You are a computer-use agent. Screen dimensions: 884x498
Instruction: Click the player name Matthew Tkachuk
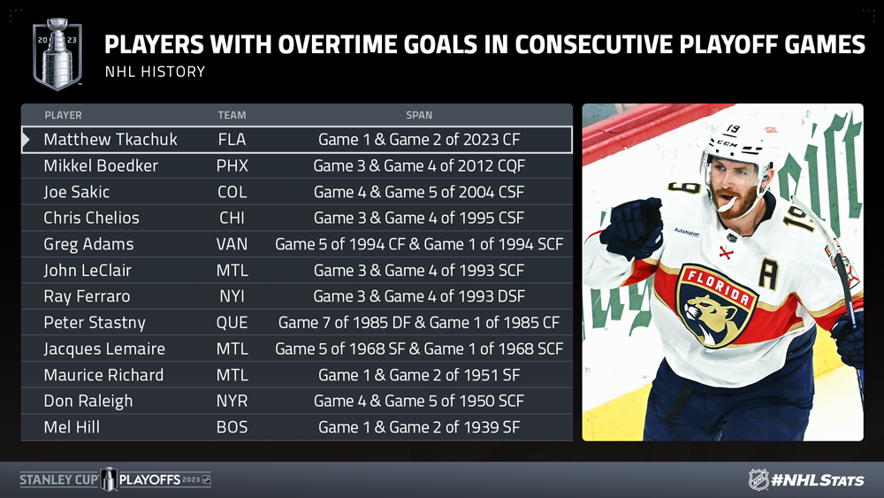pyautogui.click(x=110, y=139)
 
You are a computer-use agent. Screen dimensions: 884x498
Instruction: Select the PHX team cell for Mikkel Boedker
pyautogui.click(x=232, y=165)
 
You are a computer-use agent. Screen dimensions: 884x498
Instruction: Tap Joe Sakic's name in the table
pyautogui.click(x=77, y=192)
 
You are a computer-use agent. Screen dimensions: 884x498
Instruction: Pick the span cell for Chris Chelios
pyautogui.click(x=419, y=218)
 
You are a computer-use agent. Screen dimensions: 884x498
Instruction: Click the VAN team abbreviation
pyautogui.click(x=232, y=244)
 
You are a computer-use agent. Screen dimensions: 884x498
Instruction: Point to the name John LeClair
pyautogui.click(x=88, y=270)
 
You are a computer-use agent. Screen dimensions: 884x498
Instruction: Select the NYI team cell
pyautogui.click(x=232, y=296)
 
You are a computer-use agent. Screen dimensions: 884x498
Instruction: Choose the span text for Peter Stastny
pyautogui.click(x=419, y=323)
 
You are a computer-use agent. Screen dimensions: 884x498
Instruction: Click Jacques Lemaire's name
pyautogui.click(x=104, y=349)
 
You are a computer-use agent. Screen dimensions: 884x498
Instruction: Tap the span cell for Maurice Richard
pyautogui.click(x=419, y=374)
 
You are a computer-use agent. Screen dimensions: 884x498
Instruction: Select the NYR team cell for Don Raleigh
pyautogui.click(x=232, y=401)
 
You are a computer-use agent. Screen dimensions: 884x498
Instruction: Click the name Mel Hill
pyautogui.click(x=72, y=427)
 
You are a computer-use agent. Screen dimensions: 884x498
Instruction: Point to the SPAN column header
pyautogui.click(x=419, y=115)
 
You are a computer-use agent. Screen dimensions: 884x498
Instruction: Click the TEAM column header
pyautogui.click(x=232, y=115)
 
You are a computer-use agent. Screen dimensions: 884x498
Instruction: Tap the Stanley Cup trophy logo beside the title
pyautogui.click(x=57, y=54)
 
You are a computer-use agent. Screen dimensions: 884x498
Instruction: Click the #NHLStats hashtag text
pyautogui.click(x=818, y=480)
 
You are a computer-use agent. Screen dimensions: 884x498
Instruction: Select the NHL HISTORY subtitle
pyautogui.click(x=155, y=72)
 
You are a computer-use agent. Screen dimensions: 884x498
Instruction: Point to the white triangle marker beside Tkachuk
pyautogui.click(x=26, y=140)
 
